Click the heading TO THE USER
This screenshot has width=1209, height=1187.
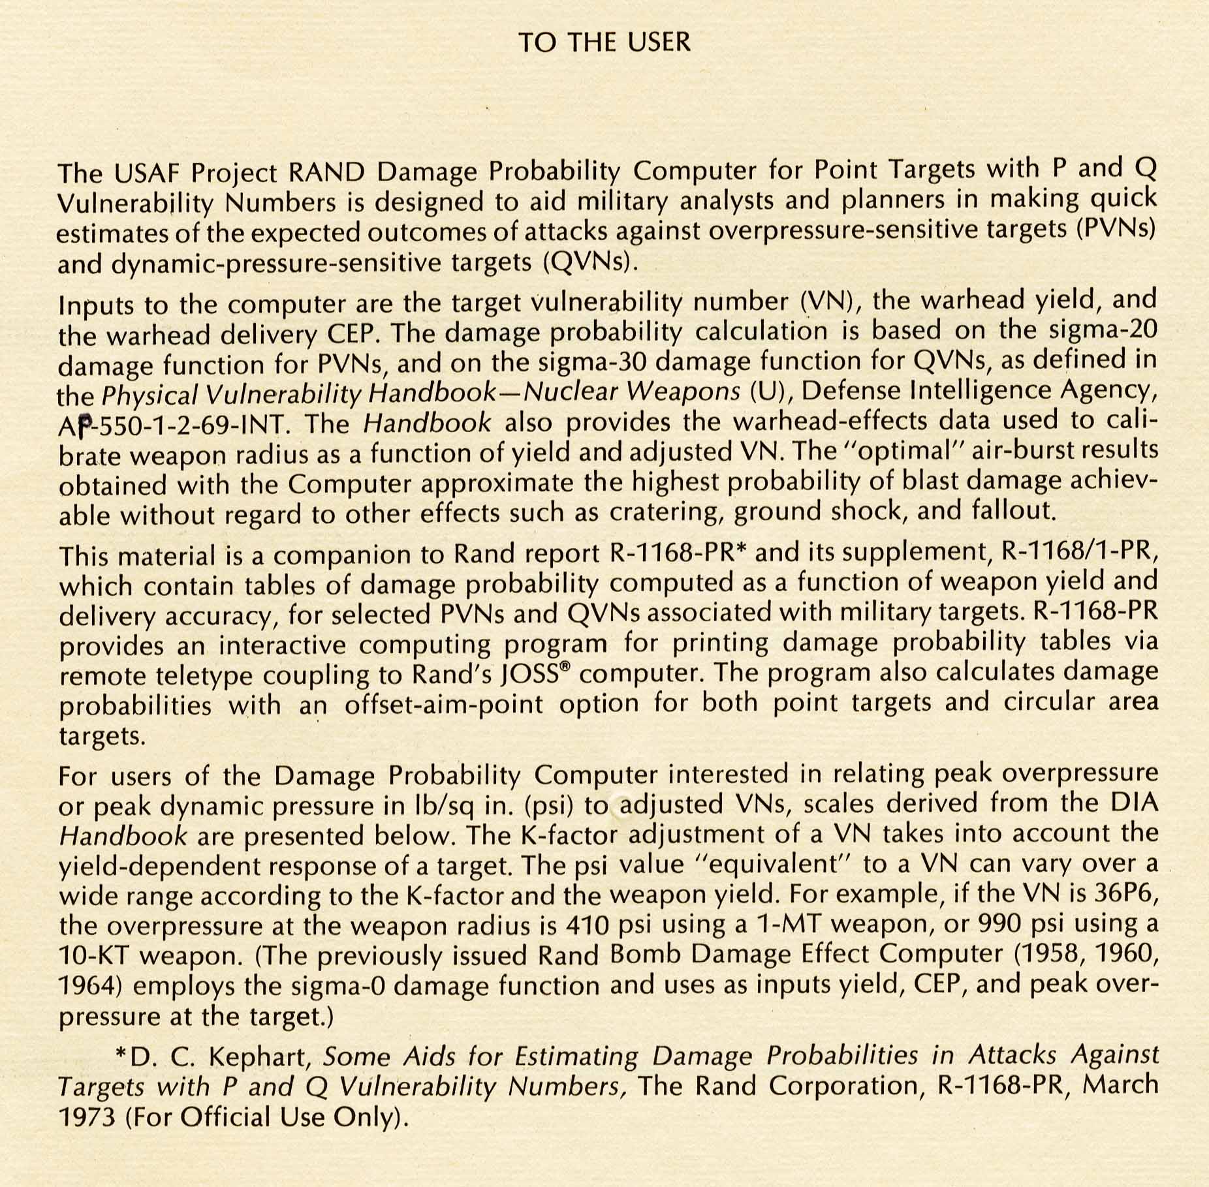pyautogui.click(x=604, y=42)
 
